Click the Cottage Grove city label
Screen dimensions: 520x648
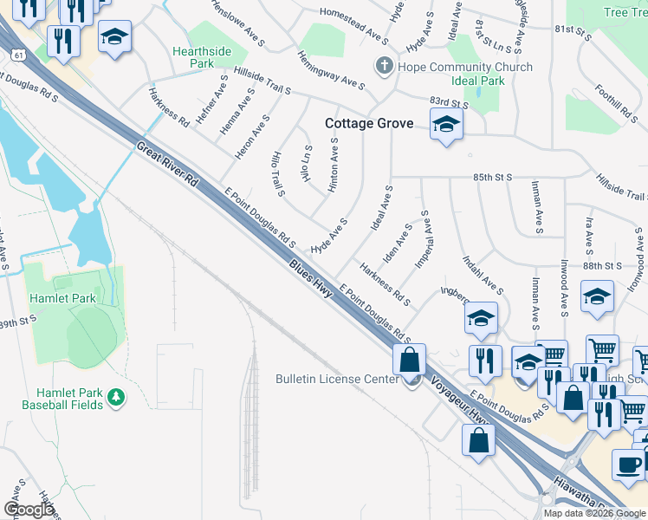[x=368, y=124]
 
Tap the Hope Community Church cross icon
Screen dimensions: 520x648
[x=384, y=66]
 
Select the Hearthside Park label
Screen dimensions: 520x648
[x=202, y=57]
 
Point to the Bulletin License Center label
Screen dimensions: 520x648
[x=337, y=379]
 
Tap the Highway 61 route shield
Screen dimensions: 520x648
[x=20, y=55]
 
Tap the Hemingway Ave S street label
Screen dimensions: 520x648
[x=330, y=69]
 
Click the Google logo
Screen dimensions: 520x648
[x=29, y=510]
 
